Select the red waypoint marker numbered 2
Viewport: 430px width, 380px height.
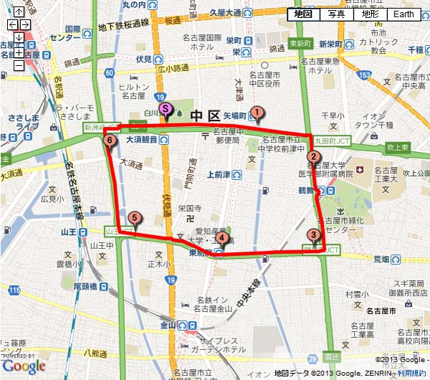coord(312,158)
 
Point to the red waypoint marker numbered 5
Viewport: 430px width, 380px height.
coord(133,219)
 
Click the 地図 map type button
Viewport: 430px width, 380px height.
coord(303,14)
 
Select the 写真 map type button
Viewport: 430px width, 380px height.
coord(337,14)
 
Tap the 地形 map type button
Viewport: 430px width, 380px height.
coord(370,14)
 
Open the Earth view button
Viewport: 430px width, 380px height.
coord(403,14)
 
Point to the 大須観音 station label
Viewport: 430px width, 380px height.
coord(141,141)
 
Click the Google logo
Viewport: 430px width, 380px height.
coord(24,366)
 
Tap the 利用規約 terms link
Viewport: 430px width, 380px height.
coord(412,374)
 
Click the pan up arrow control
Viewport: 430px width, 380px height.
coord(19,12)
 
